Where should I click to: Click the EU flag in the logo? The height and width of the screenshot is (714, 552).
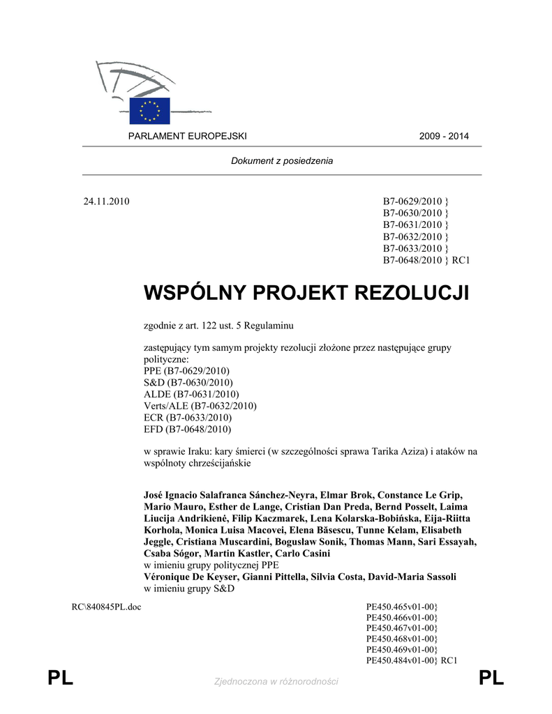click(x=149, y=111)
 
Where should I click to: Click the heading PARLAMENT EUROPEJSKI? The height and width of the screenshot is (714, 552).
click(x=187, y=136)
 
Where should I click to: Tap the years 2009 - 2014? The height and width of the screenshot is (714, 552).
click(x=444, y=136)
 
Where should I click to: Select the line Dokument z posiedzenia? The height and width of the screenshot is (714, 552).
click(x=282, y=161)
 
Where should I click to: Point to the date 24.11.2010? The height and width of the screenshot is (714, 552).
click(x=107, y=202)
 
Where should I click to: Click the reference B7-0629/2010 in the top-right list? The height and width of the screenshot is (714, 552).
click(x=412, y=202)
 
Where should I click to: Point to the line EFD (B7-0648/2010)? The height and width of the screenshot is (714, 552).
click(x=187, y=430)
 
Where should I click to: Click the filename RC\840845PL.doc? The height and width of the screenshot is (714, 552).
click(x=106, y=607)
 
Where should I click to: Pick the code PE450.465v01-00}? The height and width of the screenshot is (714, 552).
click(x=402, y=607)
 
